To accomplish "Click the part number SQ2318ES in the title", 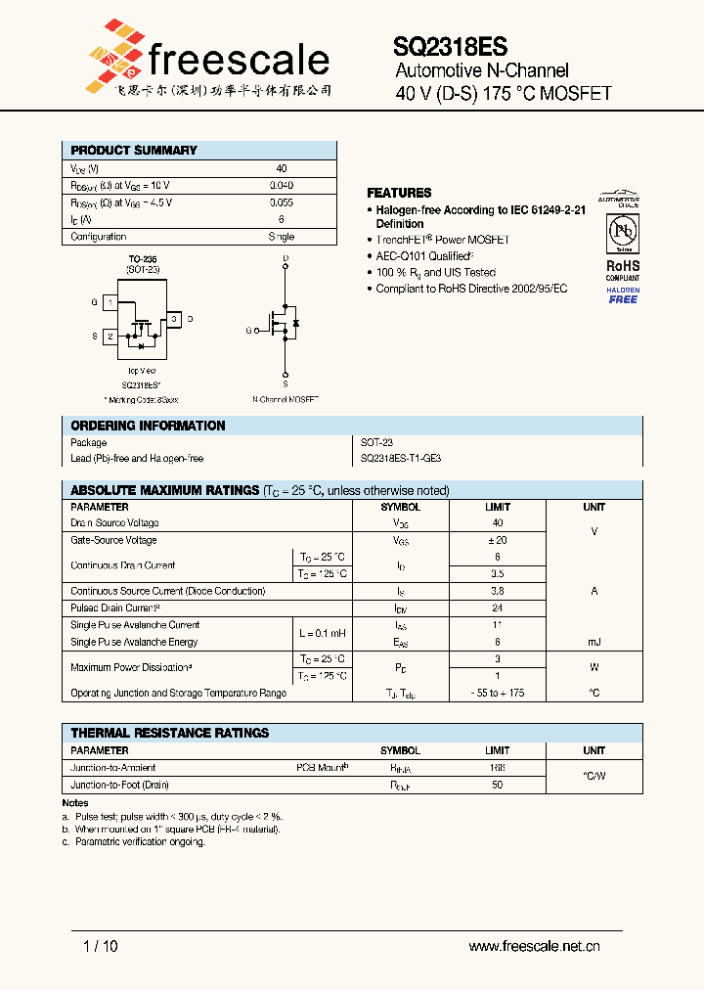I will coord(450,46).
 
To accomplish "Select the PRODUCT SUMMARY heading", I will coord(134,150).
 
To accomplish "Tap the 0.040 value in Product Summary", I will coord(282,185).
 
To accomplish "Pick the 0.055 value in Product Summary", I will coord(282,202).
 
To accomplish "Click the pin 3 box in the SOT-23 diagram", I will coord(172,319).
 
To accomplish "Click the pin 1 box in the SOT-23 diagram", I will coord(110,303).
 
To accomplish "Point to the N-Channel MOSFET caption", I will coord(286,399).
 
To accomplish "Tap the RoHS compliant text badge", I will coord(623,269).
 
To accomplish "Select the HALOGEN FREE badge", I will coord(623,294).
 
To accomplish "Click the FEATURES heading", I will coord(399,193).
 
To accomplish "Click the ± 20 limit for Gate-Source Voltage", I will coord(498,540).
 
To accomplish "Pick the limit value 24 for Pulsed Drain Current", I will coord(498,607).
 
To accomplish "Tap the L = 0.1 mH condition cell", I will coord(322,634).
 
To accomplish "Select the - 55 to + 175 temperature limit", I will coord(498,693).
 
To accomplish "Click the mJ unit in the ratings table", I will coord(594,642).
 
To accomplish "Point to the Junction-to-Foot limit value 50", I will coord(498,785).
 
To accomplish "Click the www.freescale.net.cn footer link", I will coord(534,946).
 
